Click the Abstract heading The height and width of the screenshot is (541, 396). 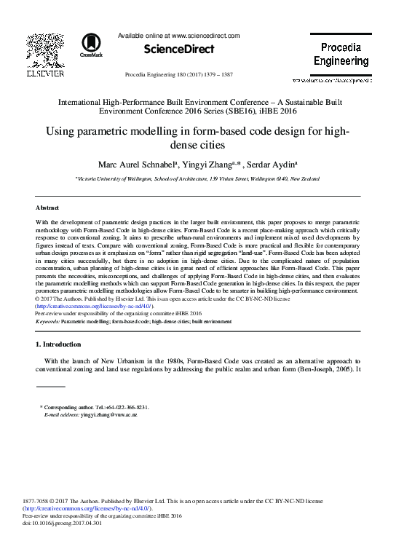click(x=48, y=207)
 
